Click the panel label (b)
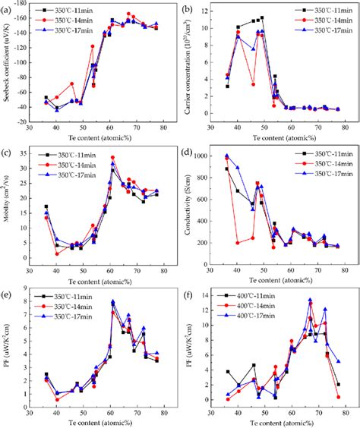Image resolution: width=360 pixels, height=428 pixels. (x=191, y=8)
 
